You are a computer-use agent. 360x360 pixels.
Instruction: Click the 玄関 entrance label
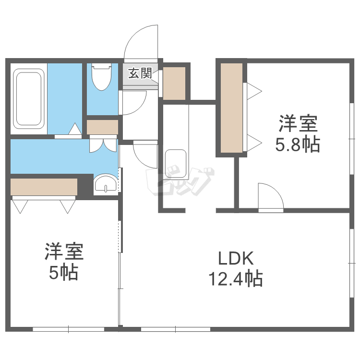[x=140, y=73]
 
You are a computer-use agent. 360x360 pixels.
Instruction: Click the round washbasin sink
[x=105, y=184]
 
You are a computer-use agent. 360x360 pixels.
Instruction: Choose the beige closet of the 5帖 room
[x=44, y=186]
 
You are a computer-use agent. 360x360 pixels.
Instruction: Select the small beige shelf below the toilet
[x=102, y=127]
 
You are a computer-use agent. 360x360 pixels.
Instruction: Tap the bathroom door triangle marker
[x=75, y=129]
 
